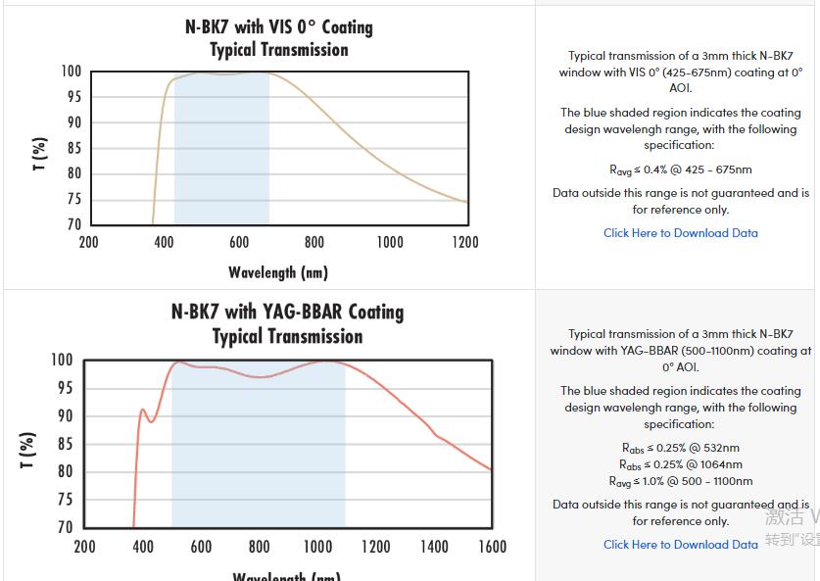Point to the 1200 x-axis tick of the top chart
[x=465, y=242]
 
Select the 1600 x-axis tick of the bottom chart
[x=492, y=546]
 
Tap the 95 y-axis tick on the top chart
[x=72, y=97]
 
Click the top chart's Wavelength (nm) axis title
[x=278, y=271]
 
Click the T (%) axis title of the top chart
[x=39, y=154]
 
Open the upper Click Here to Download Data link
[x=680, y=233]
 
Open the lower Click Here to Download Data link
[x=680, y=545]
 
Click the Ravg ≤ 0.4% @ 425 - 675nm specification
[x=680, y=169]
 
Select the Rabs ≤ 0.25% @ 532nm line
[x=680, y=448]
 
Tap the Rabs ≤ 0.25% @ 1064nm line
[x=680, y=464]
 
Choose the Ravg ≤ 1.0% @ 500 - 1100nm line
[x=680, y=481]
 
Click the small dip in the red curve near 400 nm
[x=151, y=420]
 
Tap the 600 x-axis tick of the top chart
[x=239, y=242]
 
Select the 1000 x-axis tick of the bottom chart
[x=317, y=546]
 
